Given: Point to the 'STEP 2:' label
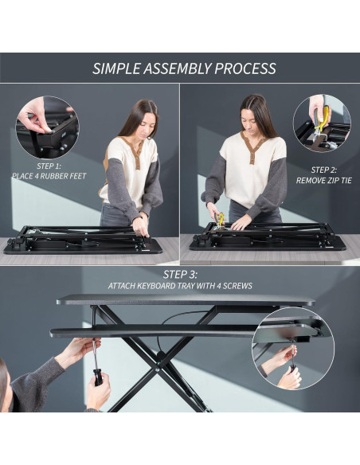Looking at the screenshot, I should tap(323, 170).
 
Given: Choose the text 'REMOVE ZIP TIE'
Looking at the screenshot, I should tap(323, 180).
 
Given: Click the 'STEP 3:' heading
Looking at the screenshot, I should tap(180, 275).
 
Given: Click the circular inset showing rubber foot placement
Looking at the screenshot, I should tap(47, 126).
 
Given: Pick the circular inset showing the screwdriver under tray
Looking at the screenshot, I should tap(293, 348).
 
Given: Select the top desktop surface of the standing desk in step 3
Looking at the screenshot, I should tap(183, 300).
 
